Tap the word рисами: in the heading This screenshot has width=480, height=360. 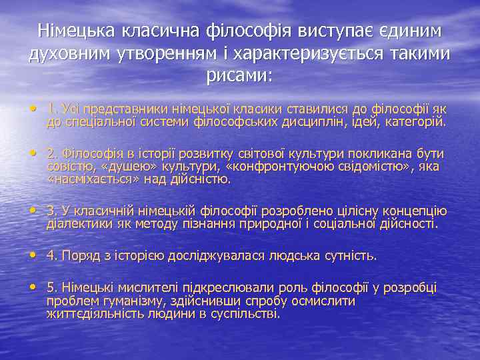point(240,75)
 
